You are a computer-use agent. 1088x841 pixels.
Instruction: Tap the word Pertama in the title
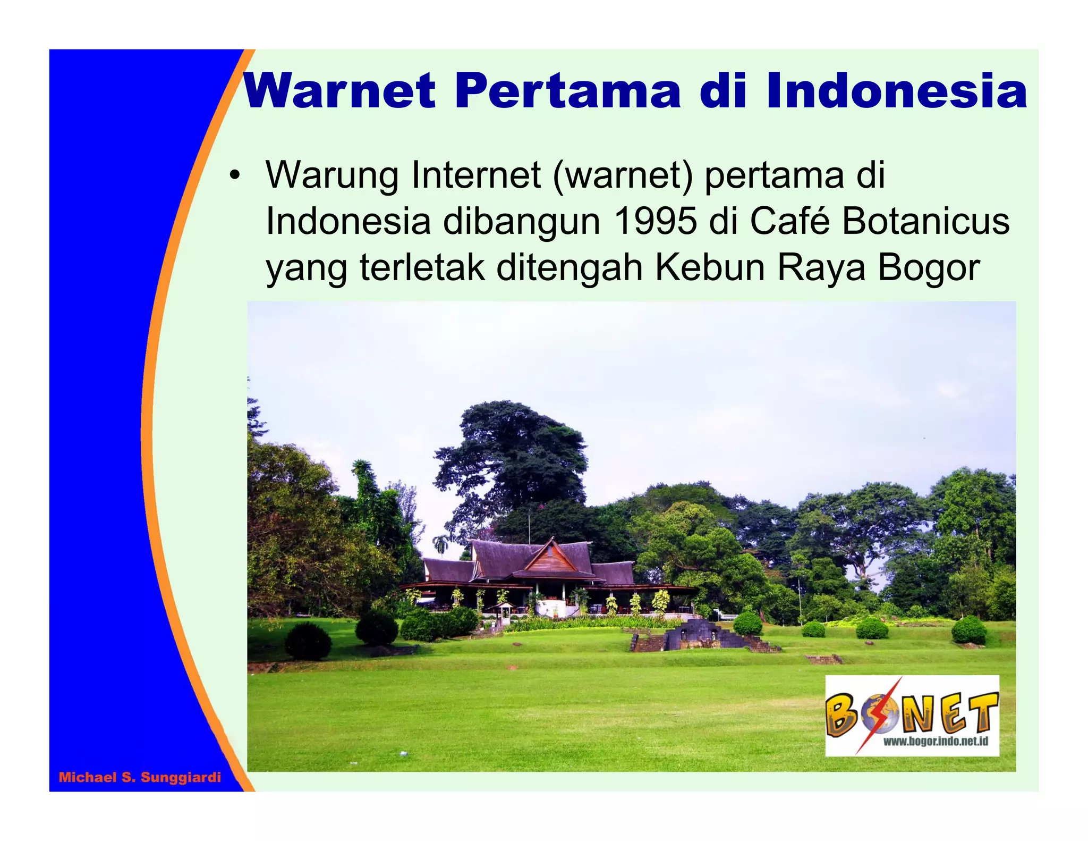(x=567, y=91)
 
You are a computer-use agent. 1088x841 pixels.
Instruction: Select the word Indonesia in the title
(x=896, y=91)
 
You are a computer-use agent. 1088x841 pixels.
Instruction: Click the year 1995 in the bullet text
(x=654, y=221)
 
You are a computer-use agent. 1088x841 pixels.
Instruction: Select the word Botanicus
(x=925, y=221)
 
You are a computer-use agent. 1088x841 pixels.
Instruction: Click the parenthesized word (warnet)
(x=623, y=175)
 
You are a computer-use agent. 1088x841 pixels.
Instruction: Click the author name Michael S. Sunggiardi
(x=140, y=778)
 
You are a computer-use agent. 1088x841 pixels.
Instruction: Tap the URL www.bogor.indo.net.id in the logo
(x=935, y=741)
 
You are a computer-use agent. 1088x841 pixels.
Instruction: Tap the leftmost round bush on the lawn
(x=308, y=641)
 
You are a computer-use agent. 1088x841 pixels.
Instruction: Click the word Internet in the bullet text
(x=475, y=175)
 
